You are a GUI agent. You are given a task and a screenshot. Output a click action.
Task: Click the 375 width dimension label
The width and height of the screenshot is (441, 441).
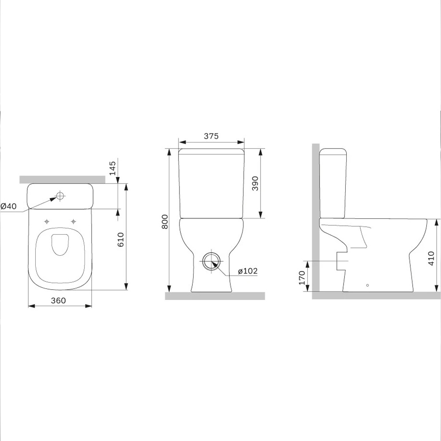coord(211,136)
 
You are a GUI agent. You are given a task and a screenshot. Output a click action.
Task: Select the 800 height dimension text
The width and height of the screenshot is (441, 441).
coord(165,221)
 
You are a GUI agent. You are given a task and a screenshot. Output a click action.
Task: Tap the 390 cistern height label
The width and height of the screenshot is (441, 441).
coord(255,183)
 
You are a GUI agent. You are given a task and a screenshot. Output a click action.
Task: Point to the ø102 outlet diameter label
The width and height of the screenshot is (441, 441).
coord(247,271)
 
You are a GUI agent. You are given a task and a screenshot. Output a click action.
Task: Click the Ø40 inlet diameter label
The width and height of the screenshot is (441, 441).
coord(9,206)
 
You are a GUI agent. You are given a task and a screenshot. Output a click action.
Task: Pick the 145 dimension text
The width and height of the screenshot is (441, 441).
coord(112,168)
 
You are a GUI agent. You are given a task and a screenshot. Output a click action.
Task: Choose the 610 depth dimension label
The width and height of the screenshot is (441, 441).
coord(120,239)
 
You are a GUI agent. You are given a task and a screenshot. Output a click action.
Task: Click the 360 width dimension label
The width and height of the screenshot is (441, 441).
coord(58,300)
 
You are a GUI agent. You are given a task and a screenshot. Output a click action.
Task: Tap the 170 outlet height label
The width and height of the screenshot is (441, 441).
coord(302,277)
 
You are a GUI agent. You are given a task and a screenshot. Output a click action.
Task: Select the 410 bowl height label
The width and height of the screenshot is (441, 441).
coord(431,258)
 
